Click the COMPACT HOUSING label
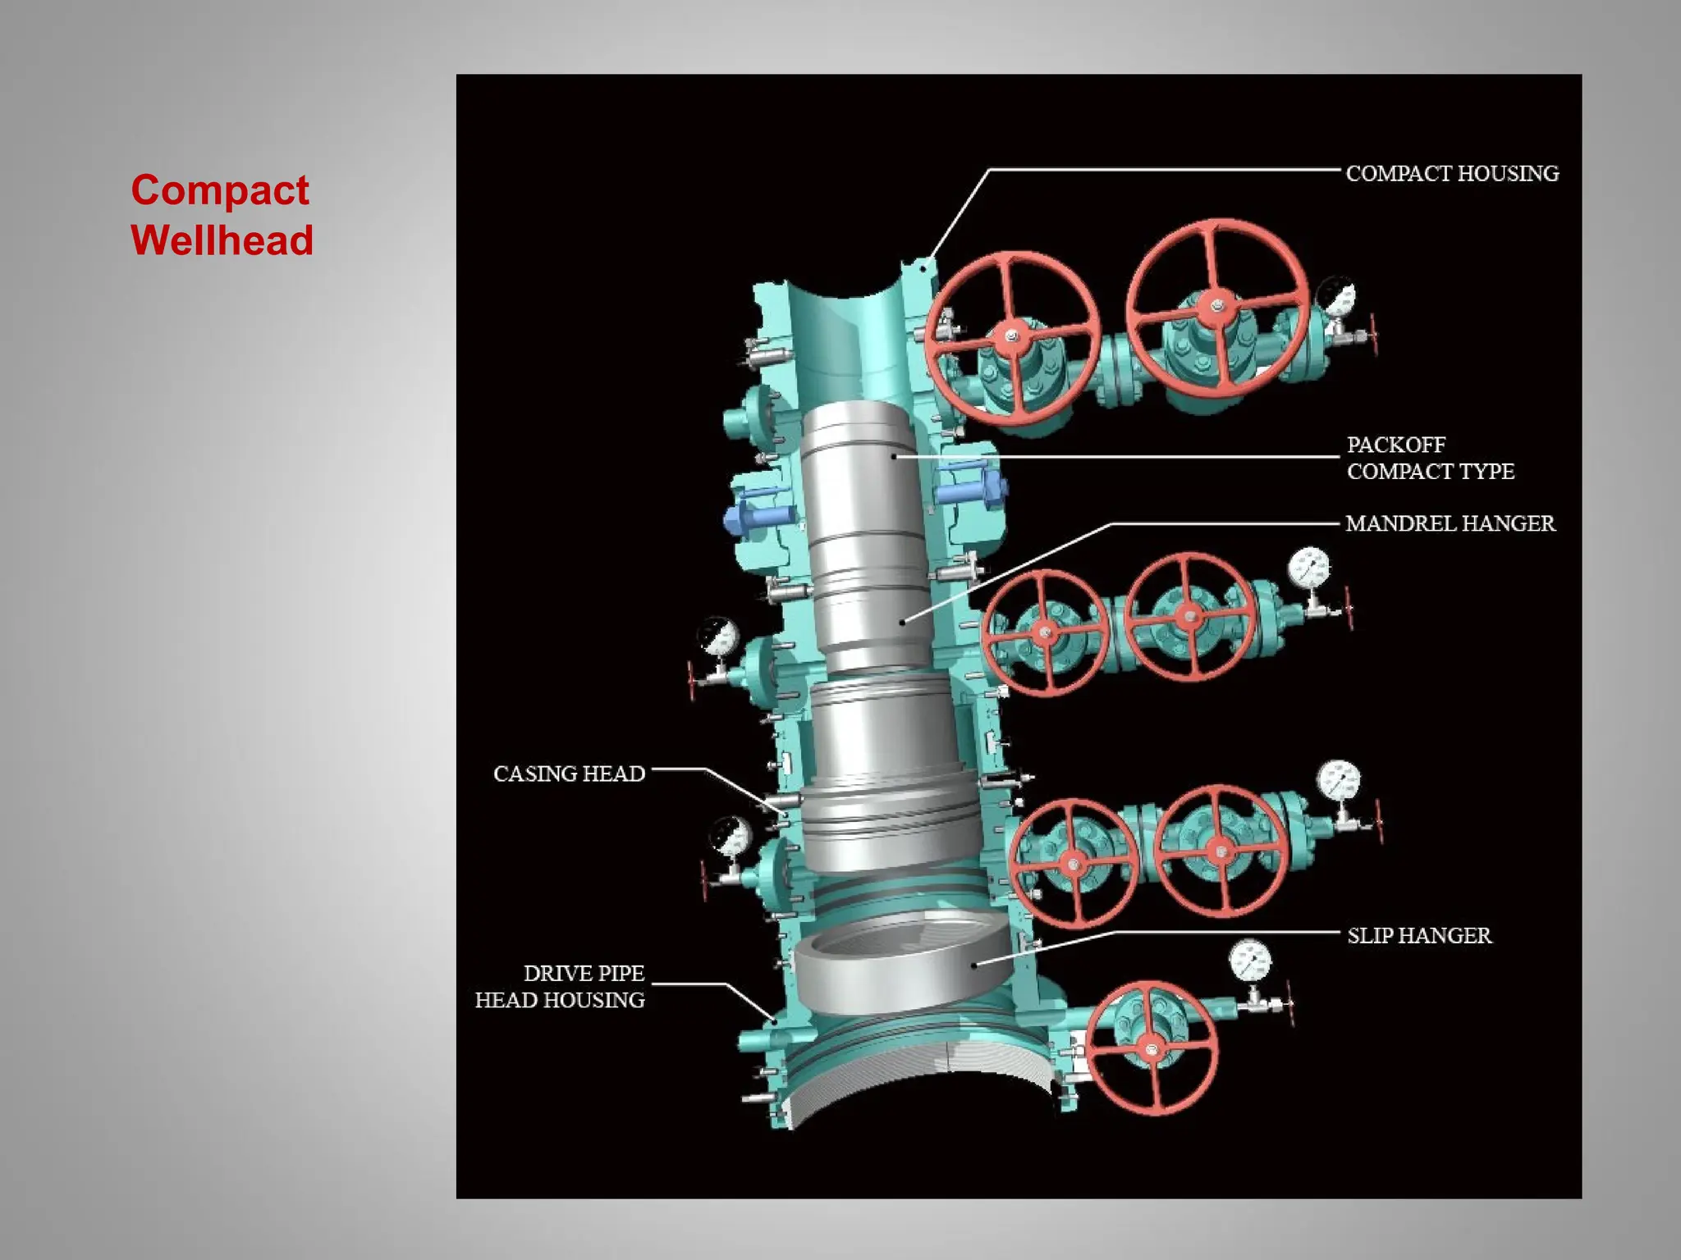click(1451, 174)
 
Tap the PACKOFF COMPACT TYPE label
click(1430, 458)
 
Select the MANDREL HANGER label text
click(1450, 523)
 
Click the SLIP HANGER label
click(1419, 936)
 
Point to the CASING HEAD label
click(569, 774)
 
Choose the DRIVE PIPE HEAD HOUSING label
click(561, 987)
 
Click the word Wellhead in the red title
click(222, 240)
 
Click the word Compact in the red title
click(220, 190)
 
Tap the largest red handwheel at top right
click(1216, 308)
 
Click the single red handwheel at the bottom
click(1152, 1049)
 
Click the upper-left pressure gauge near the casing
click(718, 637)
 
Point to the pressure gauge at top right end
click(1335, 299)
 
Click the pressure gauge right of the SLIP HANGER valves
click(1338, 781)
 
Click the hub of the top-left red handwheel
click(1011, 337)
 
